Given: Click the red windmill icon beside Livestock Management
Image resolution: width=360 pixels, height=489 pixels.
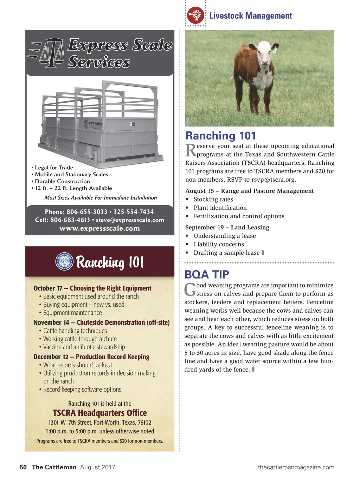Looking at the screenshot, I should pyautogui.click(x=195, y=15).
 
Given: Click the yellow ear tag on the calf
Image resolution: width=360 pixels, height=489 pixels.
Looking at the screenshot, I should pyautogui.click(x=274, y=50).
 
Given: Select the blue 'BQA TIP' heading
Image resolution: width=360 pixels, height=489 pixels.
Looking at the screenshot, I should pyautogui.click(x=207, y=274).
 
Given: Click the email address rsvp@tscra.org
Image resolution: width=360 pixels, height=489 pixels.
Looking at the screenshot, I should pyautogui.click(x=274, y=180).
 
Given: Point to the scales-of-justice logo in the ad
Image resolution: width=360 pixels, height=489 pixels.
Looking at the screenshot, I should pyautogui.click(x=51, y=53).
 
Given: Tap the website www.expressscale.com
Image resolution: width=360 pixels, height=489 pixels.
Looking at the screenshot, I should pyautogui.click(x=99, y=228).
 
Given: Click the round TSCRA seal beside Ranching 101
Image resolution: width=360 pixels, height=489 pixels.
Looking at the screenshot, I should pyautogui.click(x=64, y=261).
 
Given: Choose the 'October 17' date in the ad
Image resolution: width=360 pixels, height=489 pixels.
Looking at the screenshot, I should pyautogui.click(x=48, y=288).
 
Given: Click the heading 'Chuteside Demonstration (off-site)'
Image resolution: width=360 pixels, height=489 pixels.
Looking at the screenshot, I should pyautogui.click(x=123, y=322).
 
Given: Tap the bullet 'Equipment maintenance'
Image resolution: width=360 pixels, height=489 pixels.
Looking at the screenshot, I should pyautogui.click(x=72, y=313).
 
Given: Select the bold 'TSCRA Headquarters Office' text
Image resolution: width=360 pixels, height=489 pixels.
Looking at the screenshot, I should pyautogui.click(x=100, y=413).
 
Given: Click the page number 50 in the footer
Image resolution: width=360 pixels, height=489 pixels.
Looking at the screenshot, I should pyautogui.click(x=23, y=467).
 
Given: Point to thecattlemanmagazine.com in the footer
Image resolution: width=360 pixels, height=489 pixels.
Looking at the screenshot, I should pyautogui.click(x=296, y=467).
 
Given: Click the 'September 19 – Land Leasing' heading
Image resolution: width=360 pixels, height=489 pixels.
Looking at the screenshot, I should pyautogui.click(x=227, y=227).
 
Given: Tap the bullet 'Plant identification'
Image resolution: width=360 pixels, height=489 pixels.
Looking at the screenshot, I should pyautogui.click(x=220, y=208).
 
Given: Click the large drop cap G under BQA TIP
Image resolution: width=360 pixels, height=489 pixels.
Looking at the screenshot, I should pyautogui.click(x=190, y=289).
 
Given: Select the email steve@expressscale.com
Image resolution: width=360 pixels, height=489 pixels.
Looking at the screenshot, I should pyautogui.click(x=130, y=220).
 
